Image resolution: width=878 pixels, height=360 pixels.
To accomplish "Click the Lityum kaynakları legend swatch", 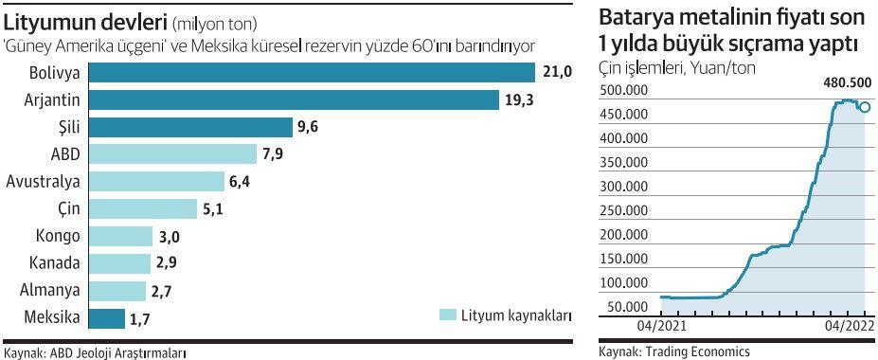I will tap(449, 315).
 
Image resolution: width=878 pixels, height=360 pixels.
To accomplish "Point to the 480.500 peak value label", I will tap(839, 82).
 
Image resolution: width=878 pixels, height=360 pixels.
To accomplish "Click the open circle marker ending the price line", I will tap(865, 107).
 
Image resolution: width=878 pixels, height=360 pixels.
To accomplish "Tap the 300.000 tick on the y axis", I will tap(624, 187).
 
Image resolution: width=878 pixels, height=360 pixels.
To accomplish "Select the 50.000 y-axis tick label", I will tap(627, 307).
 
